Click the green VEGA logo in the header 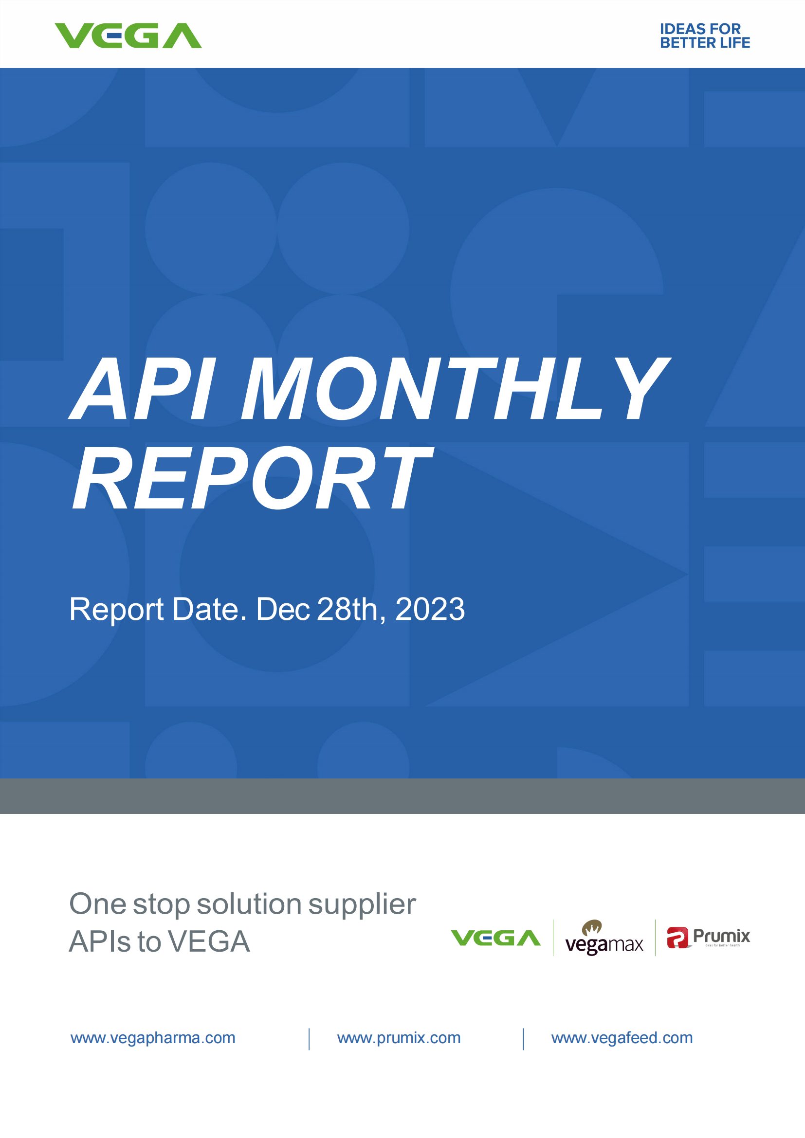(128, 36)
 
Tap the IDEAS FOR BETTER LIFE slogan (705, 36)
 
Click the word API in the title (143, 388)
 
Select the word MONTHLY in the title (456, 388)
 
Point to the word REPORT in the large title (253, 477)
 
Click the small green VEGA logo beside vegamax (495, 938)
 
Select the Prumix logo (708, 937)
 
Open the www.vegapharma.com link (153, 1038)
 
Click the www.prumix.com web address (399, 1038)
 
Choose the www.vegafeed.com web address (622, 1038)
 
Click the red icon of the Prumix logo (677, 937)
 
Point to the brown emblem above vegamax (592, 927)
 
